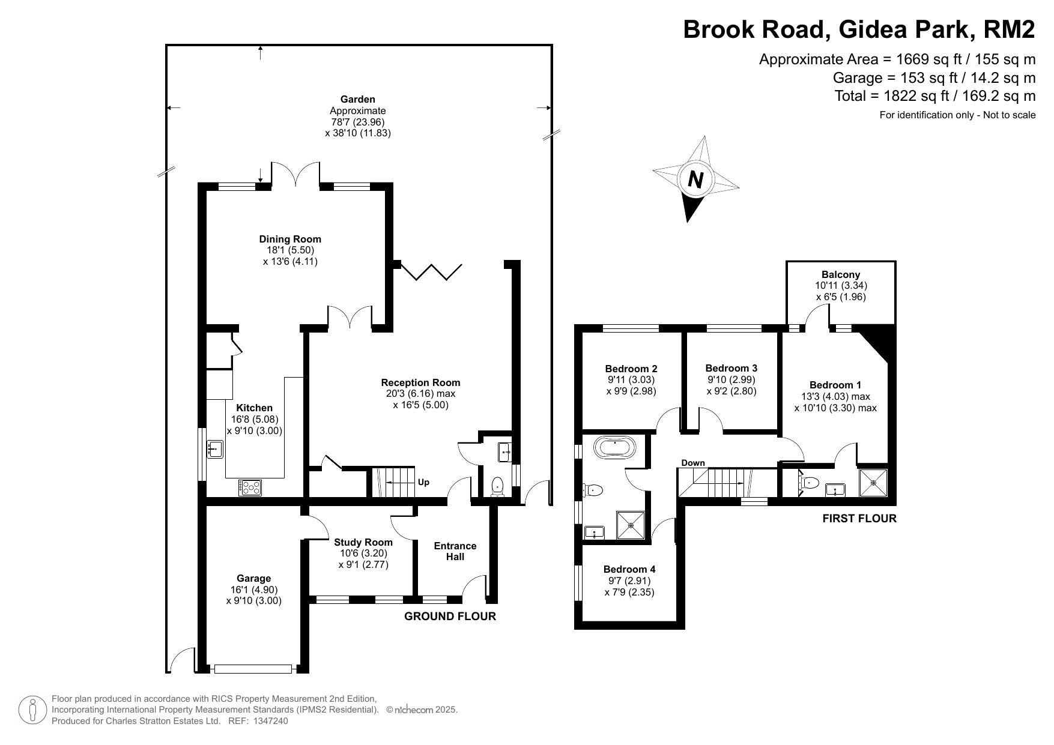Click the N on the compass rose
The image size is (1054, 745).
tap(695, 179)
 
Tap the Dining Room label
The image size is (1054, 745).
tap(290, 239)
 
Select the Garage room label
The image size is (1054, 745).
tap(253, 579)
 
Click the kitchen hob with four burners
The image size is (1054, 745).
tap(250, 487)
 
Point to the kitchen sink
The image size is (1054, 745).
tap(216, 448)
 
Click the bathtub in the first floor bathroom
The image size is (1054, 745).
tap(614, 448)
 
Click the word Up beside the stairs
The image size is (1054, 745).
tap(423, 482)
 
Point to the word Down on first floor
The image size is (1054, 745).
tap(693, 463)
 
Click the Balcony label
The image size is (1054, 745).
tap(841, 274)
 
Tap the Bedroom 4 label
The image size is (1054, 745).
tap(629, 569)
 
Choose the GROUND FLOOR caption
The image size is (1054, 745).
tap(450, 617)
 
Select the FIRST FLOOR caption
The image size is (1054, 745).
tap(859, 519)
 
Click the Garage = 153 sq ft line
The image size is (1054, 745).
tap(934, 77)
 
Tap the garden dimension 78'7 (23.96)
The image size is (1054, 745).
tap(358, 122)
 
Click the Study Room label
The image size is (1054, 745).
tap(363, 542)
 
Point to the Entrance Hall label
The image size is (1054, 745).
tap(455, 551)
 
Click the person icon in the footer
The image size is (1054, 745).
tap(33, 710)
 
